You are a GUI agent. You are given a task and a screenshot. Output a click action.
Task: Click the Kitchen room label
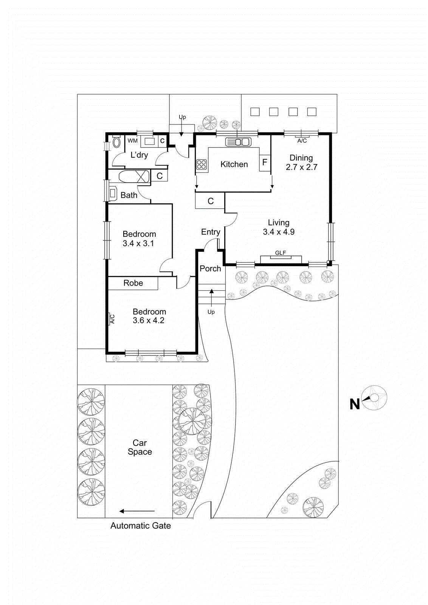coord(234,164)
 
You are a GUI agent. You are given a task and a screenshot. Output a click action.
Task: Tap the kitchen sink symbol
coord(238,142)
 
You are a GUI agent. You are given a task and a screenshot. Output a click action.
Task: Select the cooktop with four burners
coord(202,164)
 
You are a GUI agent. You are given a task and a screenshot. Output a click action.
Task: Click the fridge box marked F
coord(265,162)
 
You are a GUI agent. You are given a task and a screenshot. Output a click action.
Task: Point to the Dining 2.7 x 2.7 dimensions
coord(301,167)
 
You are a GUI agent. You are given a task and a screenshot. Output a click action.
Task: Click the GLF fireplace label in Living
coord(281,253)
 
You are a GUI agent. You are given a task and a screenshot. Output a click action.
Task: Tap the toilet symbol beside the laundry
coord(116,143)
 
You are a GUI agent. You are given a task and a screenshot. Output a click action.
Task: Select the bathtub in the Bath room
coord(134,177)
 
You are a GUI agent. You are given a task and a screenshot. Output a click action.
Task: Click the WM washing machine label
coord(133,141)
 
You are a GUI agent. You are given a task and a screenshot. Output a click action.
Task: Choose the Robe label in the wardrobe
coord(133,283)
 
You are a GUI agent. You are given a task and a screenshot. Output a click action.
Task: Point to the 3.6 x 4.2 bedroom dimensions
coord(149,321)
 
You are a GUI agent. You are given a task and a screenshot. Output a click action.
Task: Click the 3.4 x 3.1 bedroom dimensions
coord(138,244)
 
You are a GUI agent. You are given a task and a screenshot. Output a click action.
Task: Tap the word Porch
coord(210,268)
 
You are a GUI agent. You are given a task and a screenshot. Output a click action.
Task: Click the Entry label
coord(211,232)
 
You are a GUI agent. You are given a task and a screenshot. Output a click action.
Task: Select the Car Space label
coord(140,447)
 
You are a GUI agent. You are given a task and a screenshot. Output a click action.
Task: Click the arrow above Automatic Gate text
coord(137,511)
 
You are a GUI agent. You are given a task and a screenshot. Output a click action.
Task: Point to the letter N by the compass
coord(355,404)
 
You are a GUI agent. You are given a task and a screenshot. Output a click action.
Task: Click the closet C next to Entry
coord(211,201)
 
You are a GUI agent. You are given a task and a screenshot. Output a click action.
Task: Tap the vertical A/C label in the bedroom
coord(112,319)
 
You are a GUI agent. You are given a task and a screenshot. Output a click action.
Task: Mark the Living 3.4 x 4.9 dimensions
coord(279,232)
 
